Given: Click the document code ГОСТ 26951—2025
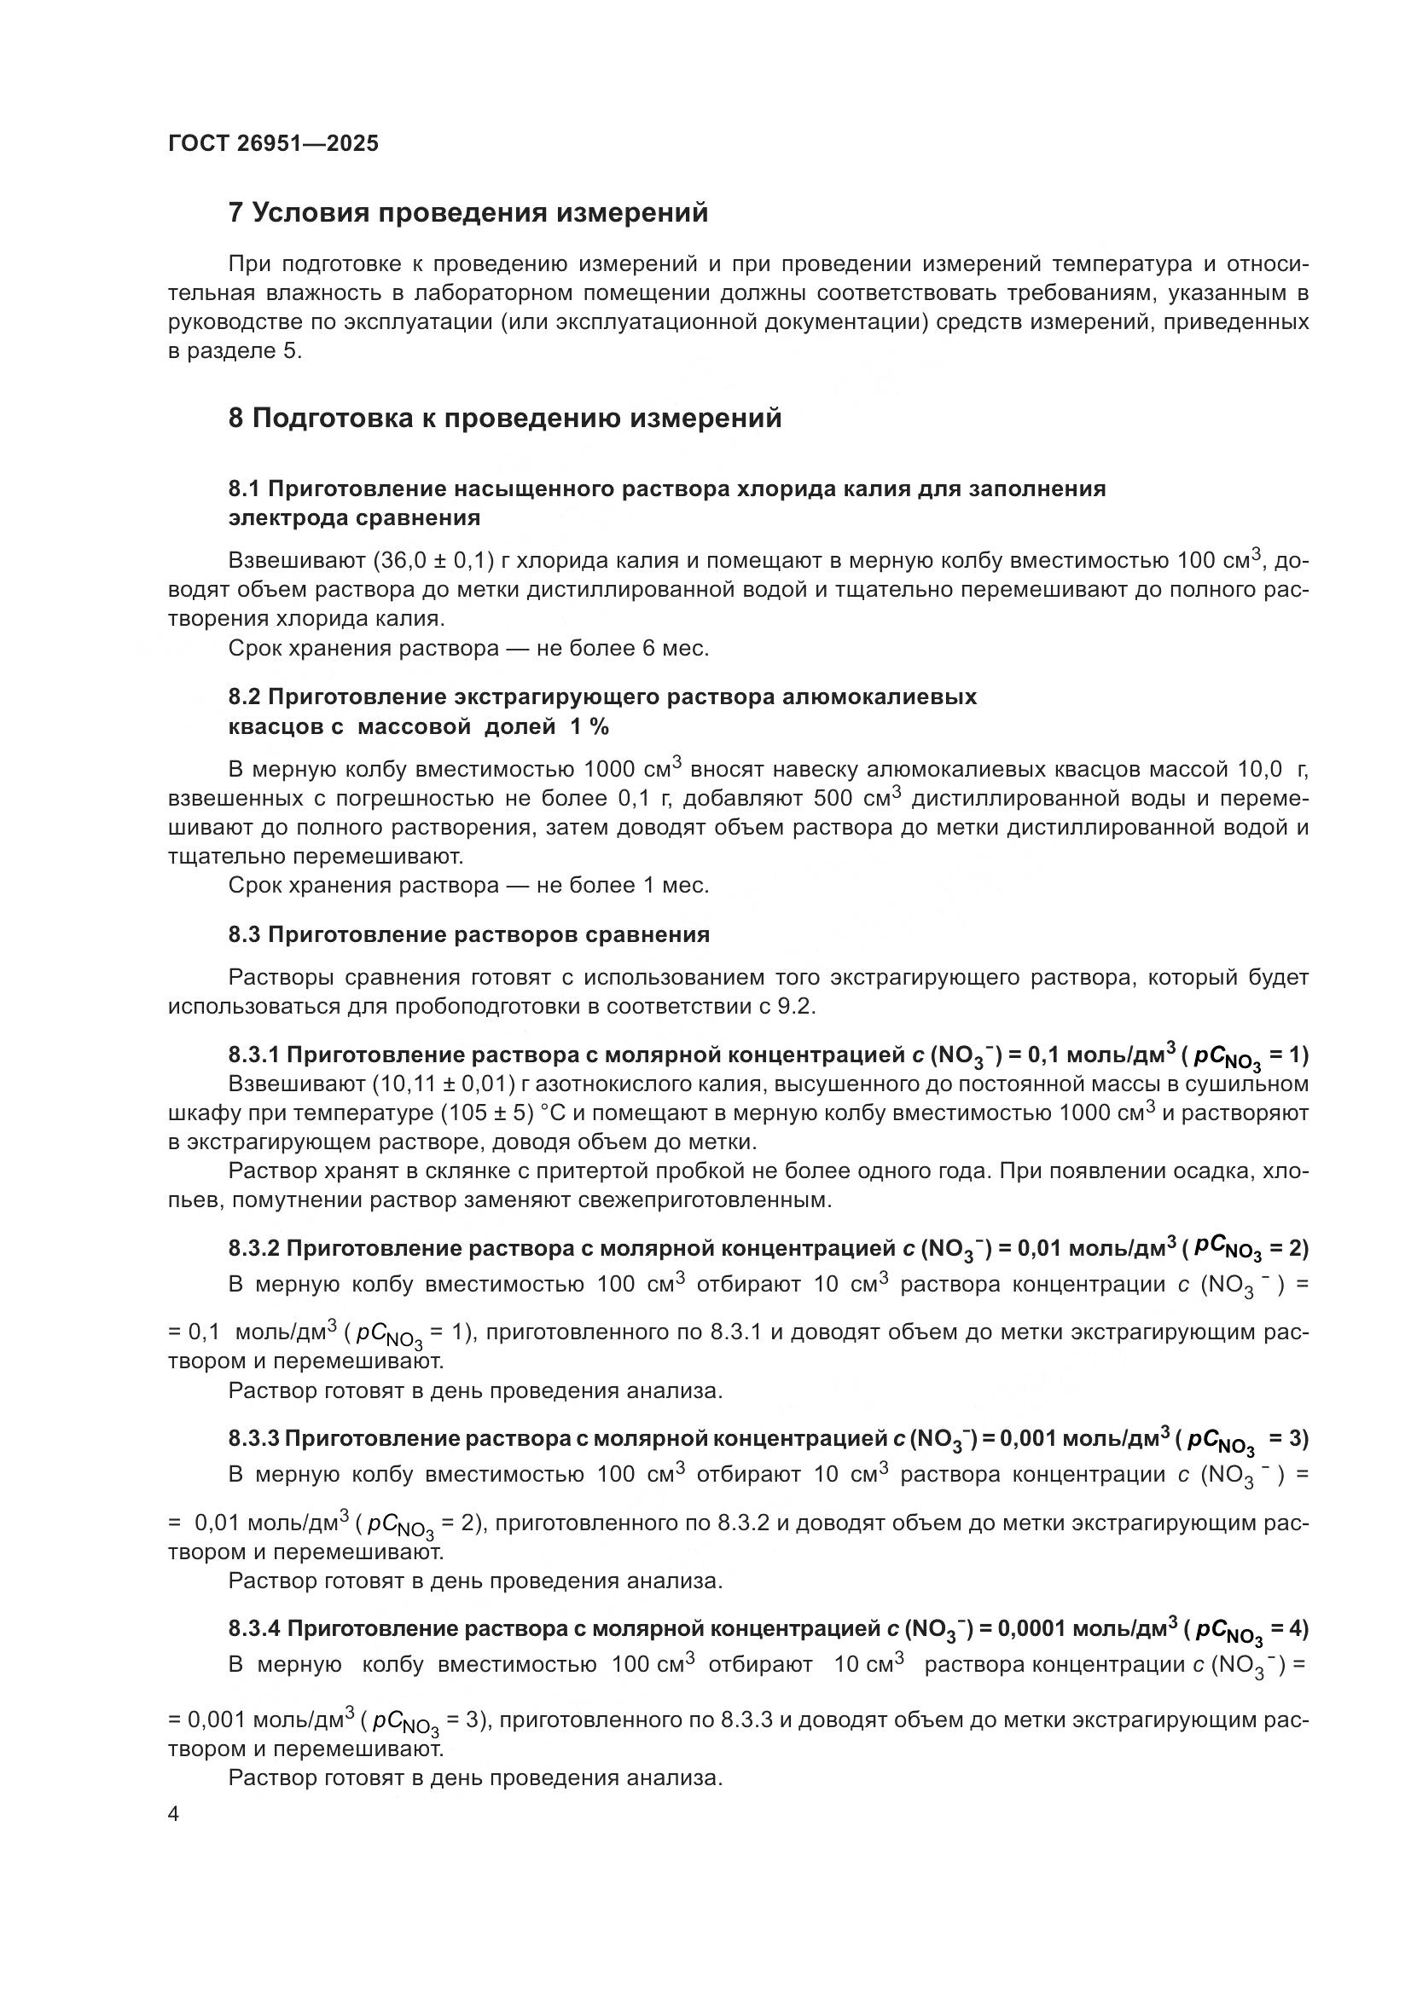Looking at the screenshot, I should click(274, 143).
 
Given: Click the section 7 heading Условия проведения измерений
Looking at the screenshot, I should click(468, 213).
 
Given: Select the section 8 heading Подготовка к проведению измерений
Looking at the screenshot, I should click(505, 419).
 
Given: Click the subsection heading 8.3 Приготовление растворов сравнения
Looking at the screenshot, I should click(468, 934).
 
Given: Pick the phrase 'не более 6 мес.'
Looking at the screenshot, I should click(623, 649).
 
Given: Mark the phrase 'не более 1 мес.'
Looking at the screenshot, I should click(623, 886).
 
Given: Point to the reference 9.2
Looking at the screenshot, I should click(799, 1007).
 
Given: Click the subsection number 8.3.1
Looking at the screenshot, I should click(253, 1055).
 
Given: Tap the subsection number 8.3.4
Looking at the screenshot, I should click(253, 1628).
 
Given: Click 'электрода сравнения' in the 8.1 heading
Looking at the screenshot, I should click(354, 518).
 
